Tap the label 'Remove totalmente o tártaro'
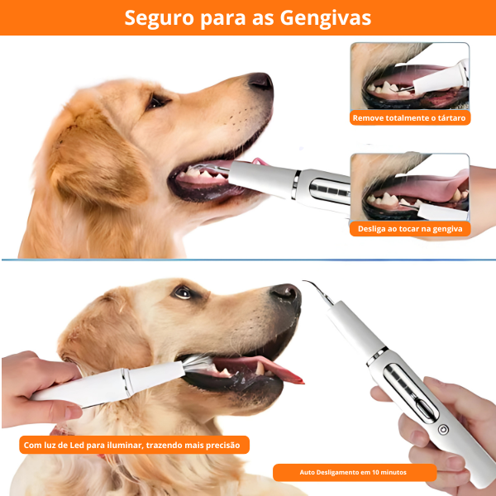point(409,118)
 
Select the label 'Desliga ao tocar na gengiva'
point(409,228)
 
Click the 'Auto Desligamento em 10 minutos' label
point(354,473)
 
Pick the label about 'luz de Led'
point(132,446)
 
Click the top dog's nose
point(260,81)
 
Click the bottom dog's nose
point(286,294)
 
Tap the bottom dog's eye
point(183,292)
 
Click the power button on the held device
point(444,430)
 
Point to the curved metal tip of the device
point(314,289)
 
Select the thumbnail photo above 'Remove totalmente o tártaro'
point(409,76)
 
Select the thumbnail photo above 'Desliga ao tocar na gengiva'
point(409,186)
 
